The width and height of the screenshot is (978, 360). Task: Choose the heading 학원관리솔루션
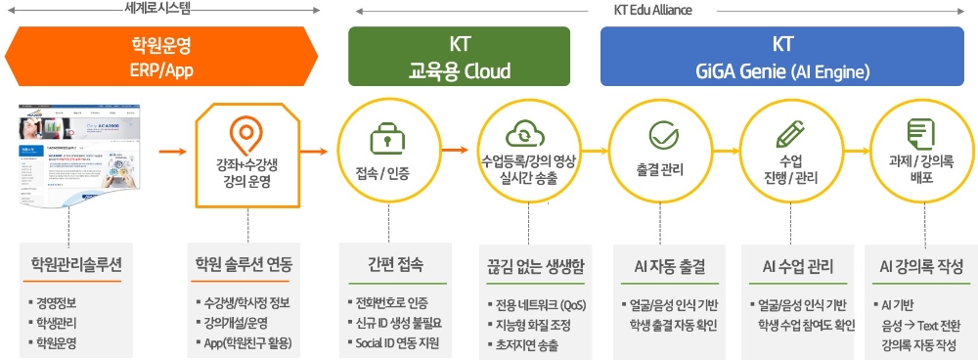76,265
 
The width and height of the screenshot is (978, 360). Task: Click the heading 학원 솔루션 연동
244,265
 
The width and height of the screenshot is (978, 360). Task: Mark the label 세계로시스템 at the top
158,9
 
